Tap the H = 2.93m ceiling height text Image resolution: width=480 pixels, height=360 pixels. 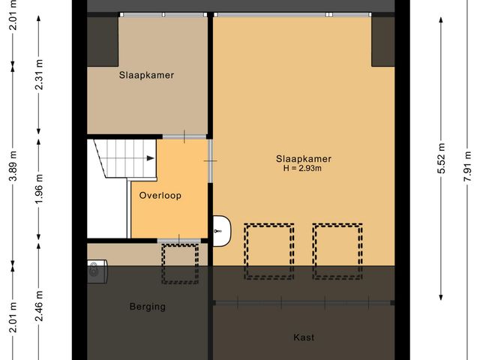point(303,168)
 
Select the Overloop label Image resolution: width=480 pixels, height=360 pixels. point(160,195)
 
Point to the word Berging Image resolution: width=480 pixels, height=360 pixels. point(147,307)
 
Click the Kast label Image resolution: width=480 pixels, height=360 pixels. point(304,337)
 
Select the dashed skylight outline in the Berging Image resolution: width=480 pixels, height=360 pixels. point(180,264)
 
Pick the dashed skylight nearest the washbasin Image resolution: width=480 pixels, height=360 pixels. point(268,250)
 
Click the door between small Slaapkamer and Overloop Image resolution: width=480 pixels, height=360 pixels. point(184,136)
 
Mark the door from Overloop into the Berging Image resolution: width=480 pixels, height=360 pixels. point(178,240)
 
